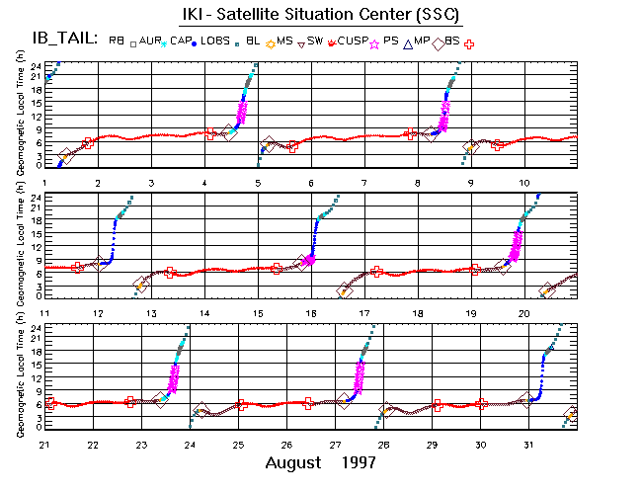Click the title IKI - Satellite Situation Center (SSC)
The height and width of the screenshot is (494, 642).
(x=321, y=15)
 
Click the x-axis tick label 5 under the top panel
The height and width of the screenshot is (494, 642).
(x=258, y=183)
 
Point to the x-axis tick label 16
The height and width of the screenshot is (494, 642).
(x=311, y=313)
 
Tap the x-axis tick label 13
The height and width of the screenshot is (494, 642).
(x=151, y=313)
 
